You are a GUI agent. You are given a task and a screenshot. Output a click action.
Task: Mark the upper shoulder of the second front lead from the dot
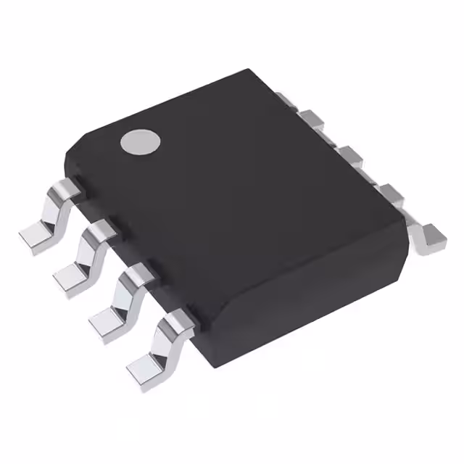(x=101, y=231)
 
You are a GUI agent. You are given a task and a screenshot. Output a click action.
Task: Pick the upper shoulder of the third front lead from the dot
(x=137, y=274)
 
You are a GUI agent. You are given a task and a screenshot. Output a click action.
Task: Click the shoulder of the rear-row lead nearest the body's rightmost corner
(x=391, y=194)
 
